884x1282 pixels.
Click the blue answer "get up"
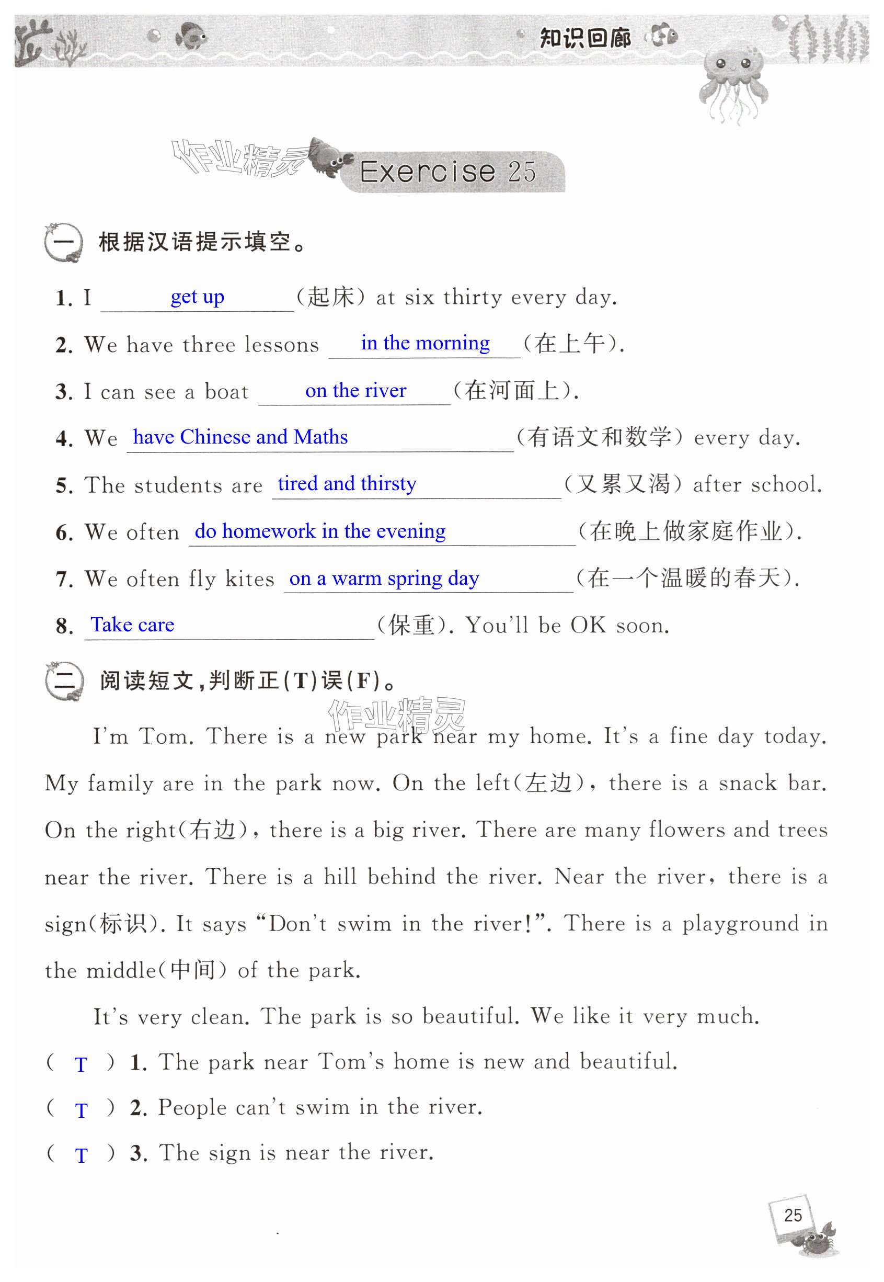[x=197, y=297]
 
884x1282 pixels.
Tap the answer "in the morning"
[x=425, y=343]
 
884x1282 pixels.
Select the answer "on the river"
[x=355, y=391]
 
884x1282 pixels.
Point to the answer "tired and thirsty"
[x=347, y=484]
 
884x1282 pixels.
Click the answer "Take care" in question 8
[x=132, y=625]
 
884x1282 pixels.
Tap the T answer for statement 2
[x=81, y=1110]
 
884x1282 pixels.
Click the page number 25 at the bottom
[x=793, y=1215]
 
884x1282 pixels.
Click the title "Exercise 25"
[x=447, y=171]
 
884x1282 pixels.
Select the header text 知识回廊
[x=585, y=38]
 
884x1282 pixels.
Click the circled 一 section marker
[x=63, y=243]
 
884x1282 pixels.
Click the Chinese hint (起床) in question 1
[x=331, y=297]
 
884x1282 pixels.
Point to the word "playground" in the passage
[x=740, y=924]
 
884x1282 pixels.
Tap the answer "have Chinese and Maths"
[x=240, y=437]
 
